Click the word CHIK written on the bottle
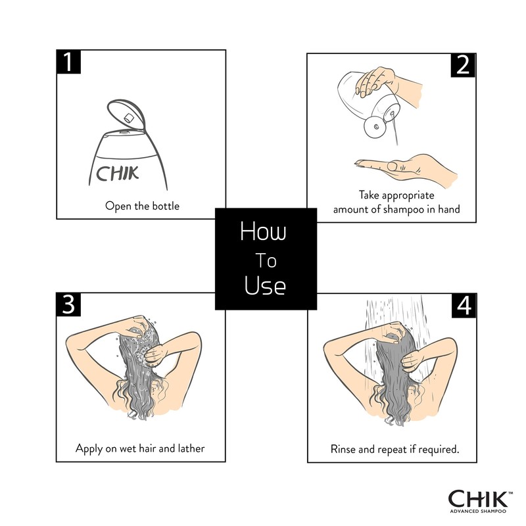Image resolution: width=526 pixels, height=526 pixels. (118, 175)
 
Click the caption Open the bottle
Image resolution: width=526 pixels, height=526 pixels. (142, 206)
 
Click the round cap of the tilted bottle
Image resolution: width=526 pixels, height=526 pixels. (374, 126)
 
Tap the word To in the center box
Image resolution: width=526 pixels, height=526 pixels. (266, 261)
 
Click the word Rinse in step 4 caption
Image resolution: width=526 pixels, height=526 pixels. (345, 450)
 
